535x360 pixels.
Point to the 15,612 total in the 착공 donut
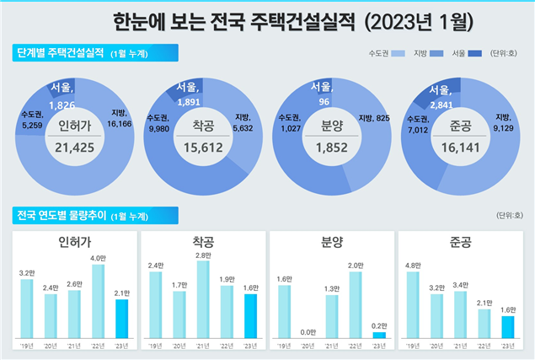(203, 147)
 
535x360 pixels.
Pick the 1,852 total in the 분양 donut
(332, 147)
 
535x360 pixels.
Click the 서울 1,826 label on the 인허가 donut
(62, 96)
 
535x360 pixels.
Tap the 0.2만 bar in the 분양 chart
(379, 335)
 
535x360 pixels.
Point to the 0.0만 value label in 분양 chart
(308, 332)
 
